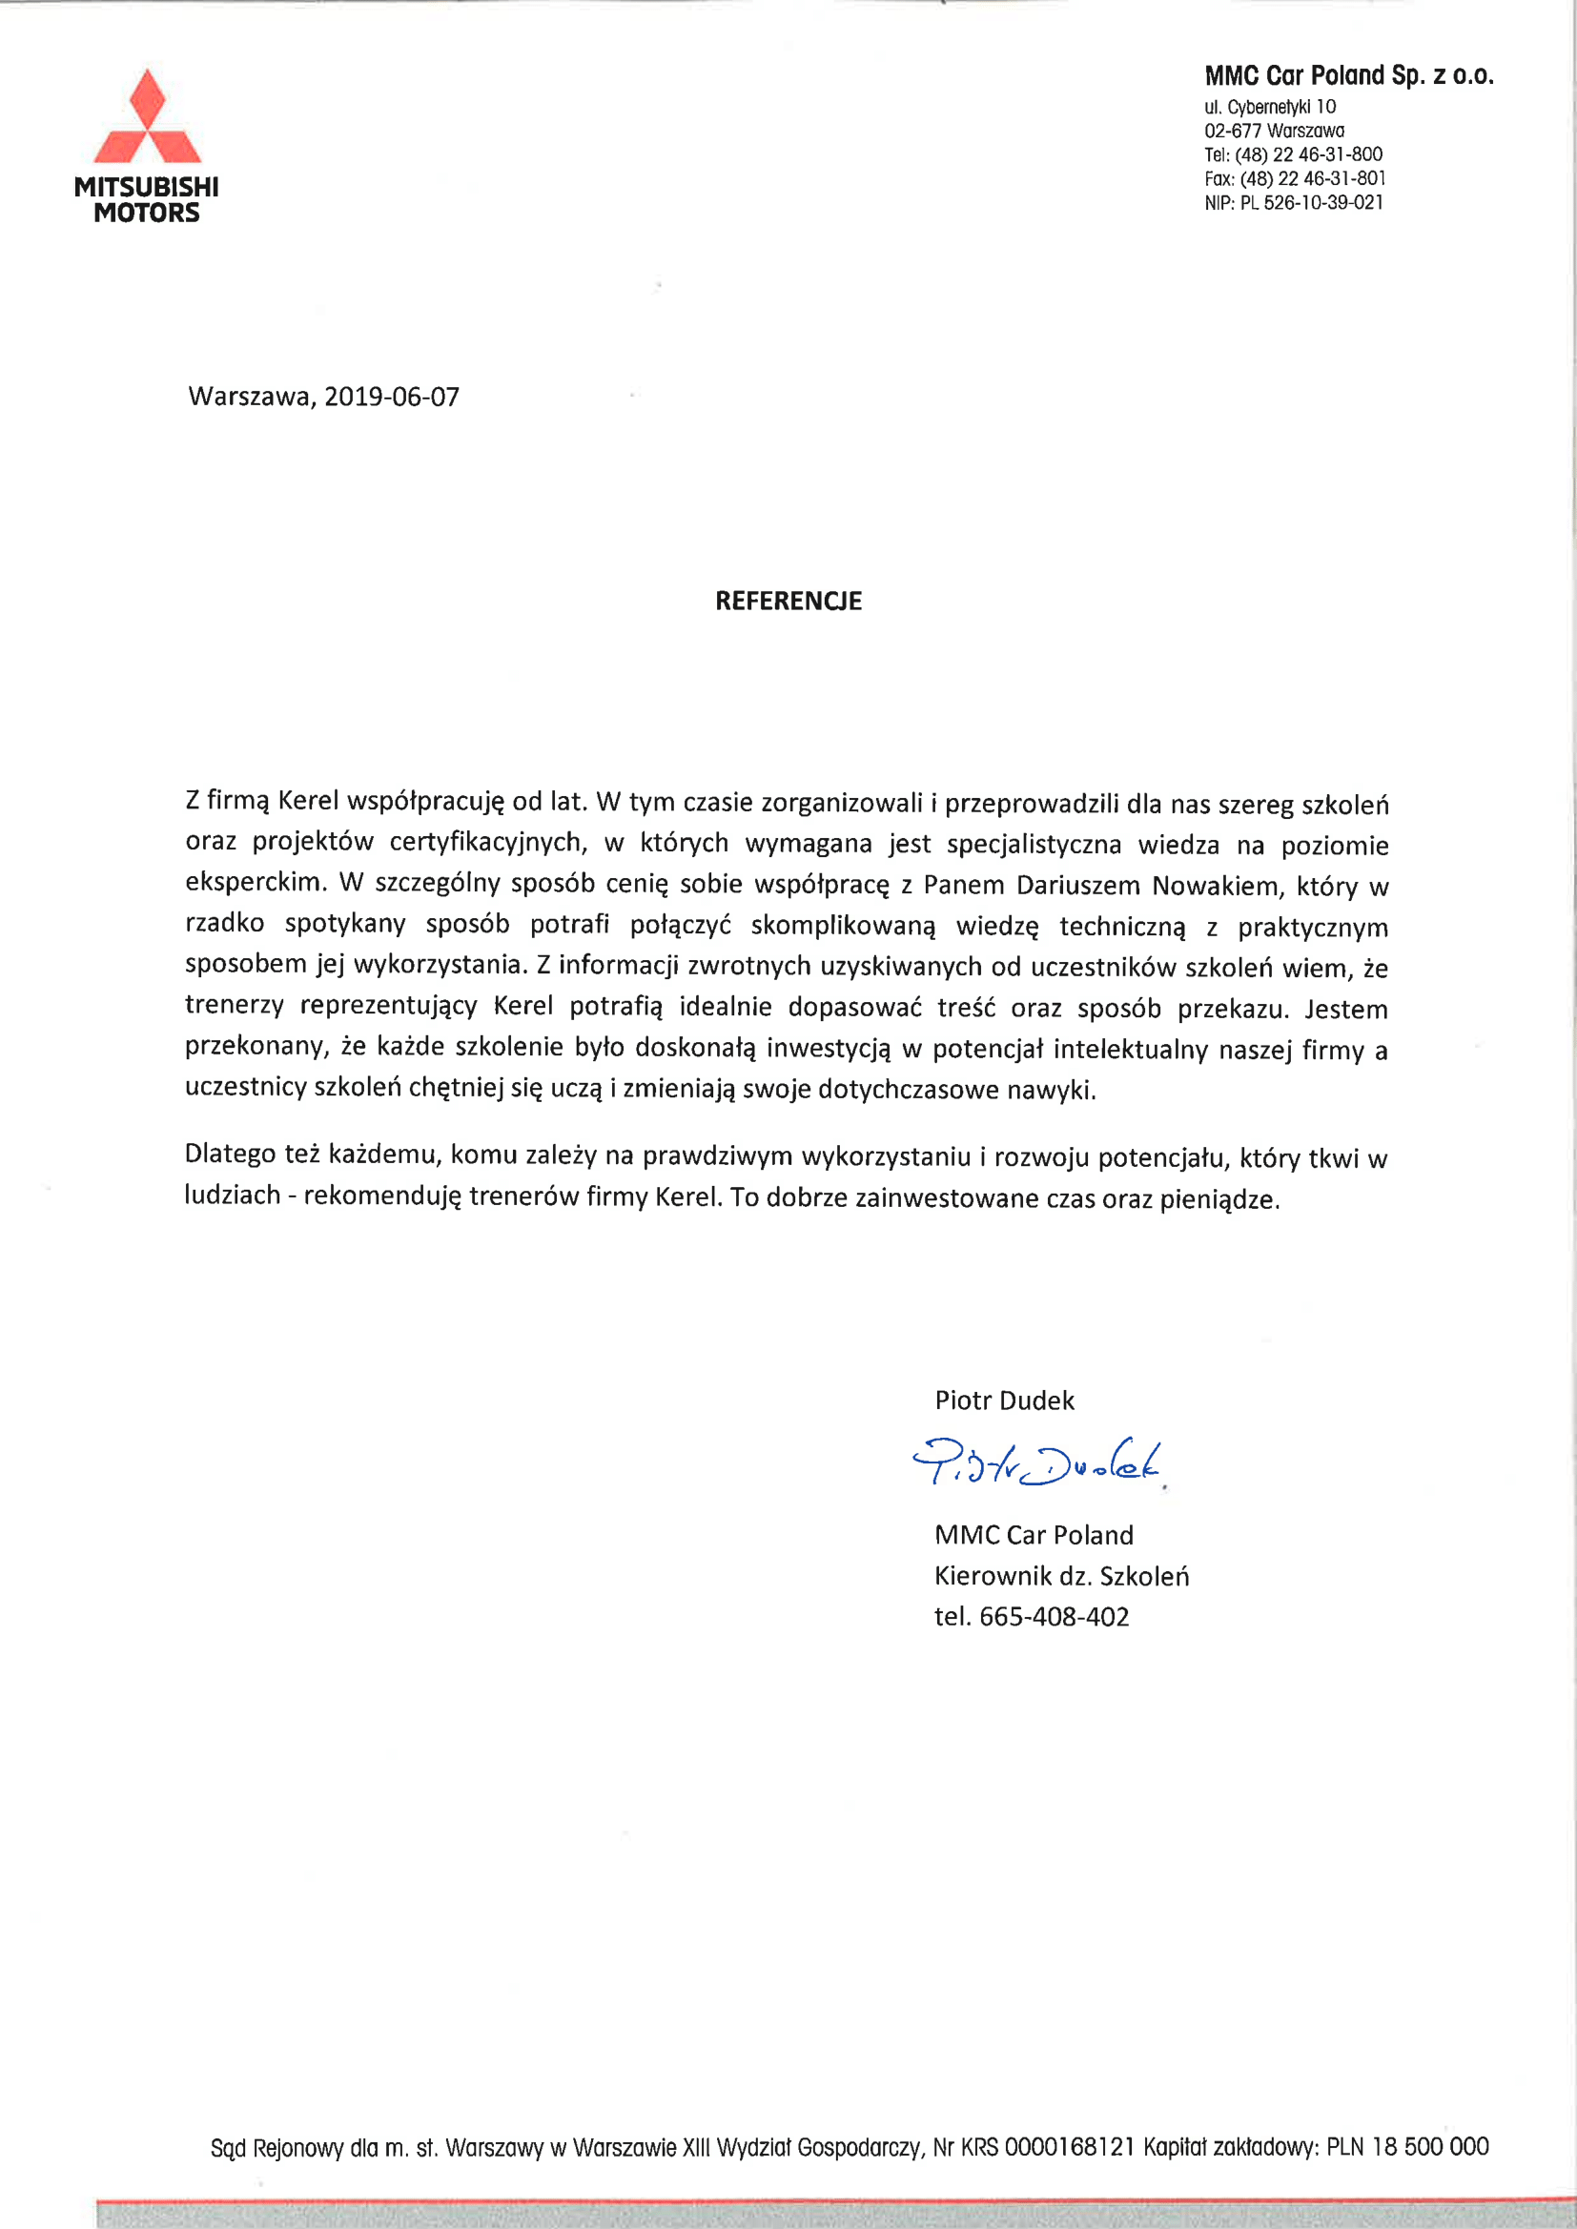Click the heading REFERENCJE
(x=788, y=601)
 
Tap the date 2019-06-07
(x=391, y=397)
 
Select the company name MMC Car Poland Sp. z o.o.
(x=1349, y=75)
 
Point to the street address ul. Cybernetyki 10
(x=1270, y=107)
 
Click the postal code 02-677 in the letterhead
(x=1232, y=131)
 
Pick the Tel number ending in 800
(x=1309, y=154)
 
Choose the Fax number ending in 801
(x=1313, y=178)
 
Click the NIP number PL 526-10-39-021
(x=1311, y=203)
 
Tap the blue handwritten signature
(x=1037, y=1463)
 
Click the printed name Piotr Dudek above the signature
(x=1004, y=1400)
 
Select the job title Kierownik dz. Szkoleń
(x=1061, y=1576)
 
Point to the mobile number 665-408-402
(x=1054, y=1616)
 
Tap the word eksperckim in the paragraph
(x=255, y=882)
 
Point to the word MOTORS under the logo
(x=147, y=214)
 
